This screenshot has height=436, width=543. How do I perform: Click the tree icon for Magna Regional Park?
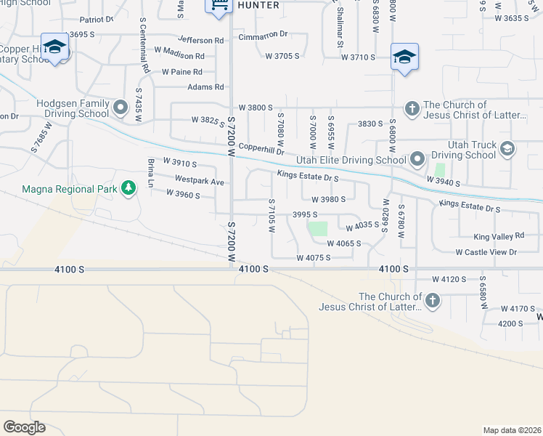[x=128, y=188]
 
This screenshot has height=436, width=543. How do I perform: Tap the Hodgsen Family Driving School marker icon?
[x=121, y=109]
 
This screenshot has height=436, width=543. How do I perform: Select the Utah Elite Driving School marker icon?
[x=417, y=158]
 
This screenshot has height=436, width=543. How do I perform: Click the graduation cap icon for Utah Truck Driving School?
[x=507, y=149]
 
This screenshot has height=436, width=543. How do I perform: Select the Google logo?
[x=24, y=427]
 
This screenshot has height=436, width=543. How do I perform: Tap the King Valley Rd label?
[x=499, y=236]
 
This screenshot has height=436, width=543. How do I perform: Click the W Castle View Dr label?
[x=486, y=252]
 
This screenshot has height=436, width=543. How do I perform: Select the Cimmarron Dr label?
[x=263, y=34]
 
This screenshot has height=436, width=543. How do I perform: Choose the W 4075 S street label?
[x=314, y=258]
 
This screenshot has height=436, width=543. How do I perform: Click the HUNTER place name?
[x=258, y=5]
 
